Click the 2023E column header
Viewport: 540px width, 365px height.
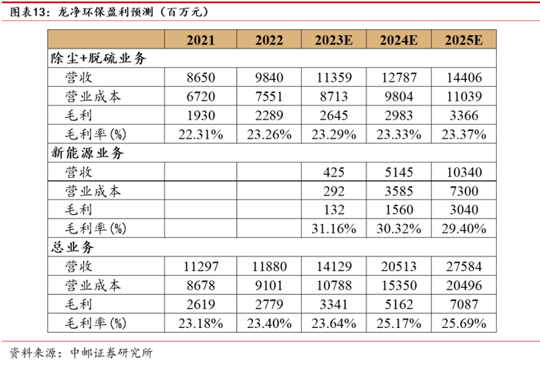[334, 40]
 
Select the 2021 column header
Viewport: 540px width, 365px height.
[201, 40]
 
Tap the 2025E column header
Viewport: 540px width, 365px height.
[464, 40]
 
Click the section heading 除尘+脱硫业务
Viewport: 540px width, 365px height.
[99, 59]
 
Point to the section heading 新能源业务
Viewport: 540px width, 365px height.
[87, 153]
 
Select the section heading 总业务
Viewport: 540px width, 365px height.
[73, 247]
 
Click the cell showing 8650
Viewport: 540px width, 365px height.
[201, 78]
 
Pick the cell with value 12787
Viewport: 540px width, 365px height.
[399, 78]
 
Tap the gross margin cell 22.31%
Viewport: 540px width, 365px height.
[201, 135]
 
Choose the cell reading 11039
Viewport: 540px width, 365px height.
[464, 96]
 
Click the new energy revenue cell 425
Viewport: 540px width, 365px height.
[334, 172]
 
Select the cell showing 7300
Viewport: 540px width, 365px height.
[464, 191]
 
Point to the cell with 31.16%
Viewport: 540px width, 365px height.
[334, 229]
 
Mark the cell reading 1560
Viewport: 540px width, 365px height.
[399, 209]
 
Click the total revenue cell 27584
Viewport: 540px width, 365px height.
[464, 266]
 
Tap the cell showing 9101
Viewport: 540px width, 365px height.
[269, 286]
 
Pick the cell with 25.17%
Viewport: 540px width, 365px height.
[399, 323]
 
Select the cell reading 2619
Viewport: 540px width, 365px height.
[201, 304]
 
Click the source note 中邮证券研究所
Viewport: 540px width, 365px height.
[111, 353]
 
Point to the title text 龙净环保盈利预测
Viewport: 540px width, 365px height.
[106, 12]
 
